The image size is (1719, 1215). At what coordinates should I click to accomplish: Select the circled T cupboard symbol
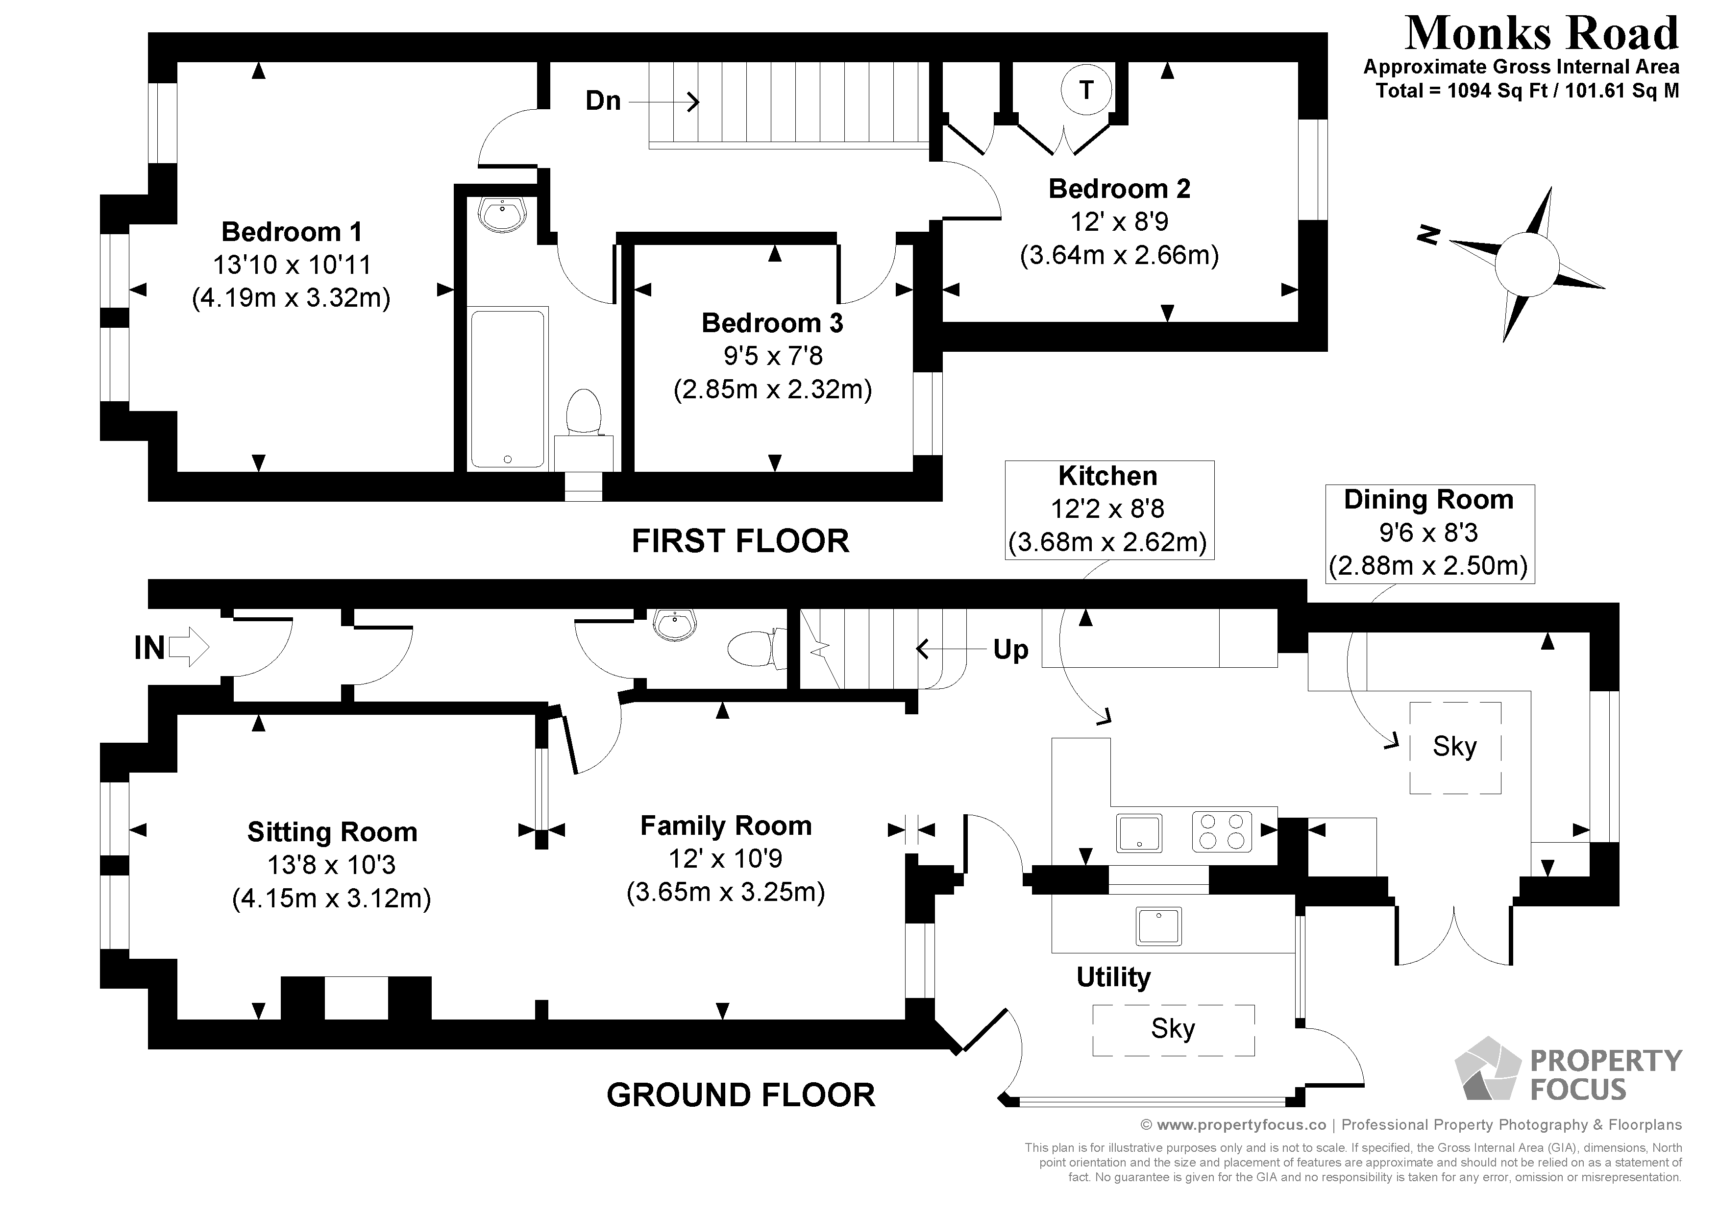click(x=1085, y=90)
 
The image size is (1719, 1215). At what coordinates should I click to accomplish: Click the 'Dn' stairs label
click(x=603, y=100)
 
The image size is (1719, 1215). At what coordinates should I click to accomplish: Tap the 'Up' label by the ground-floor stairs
click(x=1011, y=650)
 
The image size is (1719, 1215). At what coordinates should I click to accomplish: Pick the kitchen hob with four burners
click(x=1222, y=832)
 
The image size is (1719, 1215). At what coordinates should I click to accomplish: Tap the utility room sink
click(x=1158, y=926)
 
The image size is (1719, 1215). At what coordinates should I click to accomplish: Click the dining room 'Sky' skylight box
click(x=1455, y=747)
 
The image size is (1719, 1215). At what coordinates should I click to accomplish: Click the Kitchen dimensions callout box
click(x=1109, y=510)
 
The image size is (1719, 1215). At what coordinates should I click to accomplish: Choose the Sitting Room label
click(x=332, y=832)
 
